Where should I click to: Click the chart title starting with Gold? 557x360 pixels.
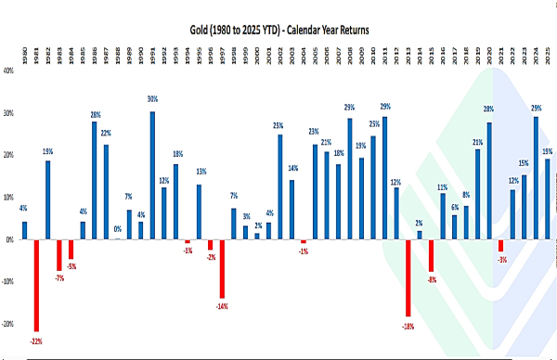tap(278, 31)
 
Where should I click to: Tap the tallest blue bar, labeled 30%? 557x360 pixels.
tap(152, 175)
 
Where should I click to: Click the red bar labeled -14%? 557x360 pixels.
tap(222, 268)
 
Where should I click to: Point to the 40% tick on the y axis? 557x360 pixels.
tap(8, 70)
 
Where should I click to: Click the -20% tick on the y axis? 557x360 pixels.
tap(8, 325)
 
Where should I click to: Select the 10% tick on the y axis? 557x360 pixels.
tap(8, 197)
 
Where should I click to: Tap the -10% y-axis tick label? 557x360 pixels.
tap(8, 282)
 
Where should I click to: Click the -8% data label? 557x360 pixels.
tap(432, 279)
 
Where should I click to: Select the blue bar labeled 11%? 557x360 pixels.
tap(443, 216)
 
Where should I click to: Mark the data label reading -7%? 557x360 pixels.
tap(59, 276)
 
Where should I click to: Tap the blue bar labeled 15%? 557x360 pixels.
tap(525, 207)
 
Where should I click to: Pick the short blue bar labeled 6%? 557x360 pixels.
tap(455, 226)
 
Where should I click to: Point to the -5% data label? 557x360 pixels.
tap(71, 267)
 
